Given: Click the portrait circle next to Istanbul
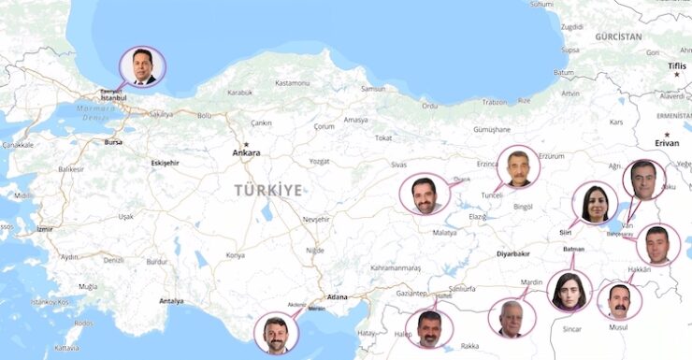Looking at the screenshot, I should [142, 66].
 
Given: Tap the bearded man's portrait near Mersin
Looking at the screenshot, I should [276, 334].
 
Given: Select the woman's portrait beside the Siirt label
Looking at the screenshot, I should [595, 204].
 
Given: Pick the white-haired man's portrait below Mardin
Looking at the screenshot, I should [511, 318].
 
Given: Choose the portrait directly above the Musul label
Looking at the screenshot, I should [619, 301].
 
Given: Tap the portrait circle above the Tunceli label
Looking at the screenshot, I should [518, 166].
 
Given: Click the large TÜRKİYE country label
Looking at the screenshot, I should [268, 190].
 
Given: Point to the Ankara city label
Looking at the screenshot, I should [246, 152].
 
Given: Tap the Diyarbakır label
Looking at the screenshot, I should [512, 253].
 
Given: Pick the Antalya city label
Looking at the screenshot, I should [172, 301].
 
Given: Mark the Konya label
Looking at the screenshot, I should [235, 254].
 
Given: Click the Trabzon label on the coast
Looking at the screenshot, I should [495, 101].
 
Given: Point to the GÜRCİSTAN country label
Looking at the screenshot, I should [618, 36].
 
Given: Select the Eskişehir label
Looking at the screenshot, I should [165, 163].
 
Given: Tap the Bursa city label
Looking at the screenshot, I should [113, 142].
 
